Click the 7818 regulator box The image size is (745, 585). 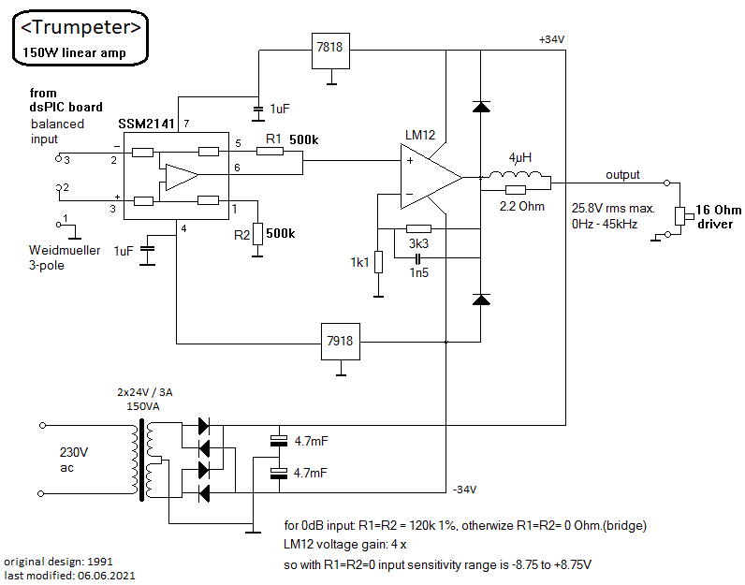(330, 51)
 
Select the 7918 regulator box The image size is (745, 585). (340, 342)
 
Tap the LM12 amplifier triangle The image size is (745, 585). (431, 177)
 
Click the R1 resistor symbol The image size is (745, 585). (270, 151)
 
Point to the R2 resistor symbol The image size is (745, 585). (257, 234)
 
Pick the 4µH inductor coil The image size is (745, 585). (515, 174)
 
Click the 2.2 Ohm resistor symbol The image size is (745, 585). (516, 190)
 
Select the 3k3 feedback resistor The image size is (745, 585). (419, 229)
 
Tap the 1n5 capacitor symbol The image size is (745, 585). (417, 259)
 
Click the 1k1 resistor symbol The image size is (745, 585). (379, 262)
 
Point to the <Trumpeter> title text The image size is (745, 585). (80, 27)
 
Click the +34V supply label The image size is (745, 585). (551, 39)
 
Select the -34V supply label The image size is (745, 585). (464, 490)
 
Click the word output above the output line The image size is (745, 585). (622, 175)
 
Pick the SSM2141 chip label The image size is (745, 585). (146, 124)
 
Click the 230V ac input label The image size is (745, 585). (74, 460)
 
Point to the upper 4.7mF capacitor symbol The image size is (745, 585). (279, 441)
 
